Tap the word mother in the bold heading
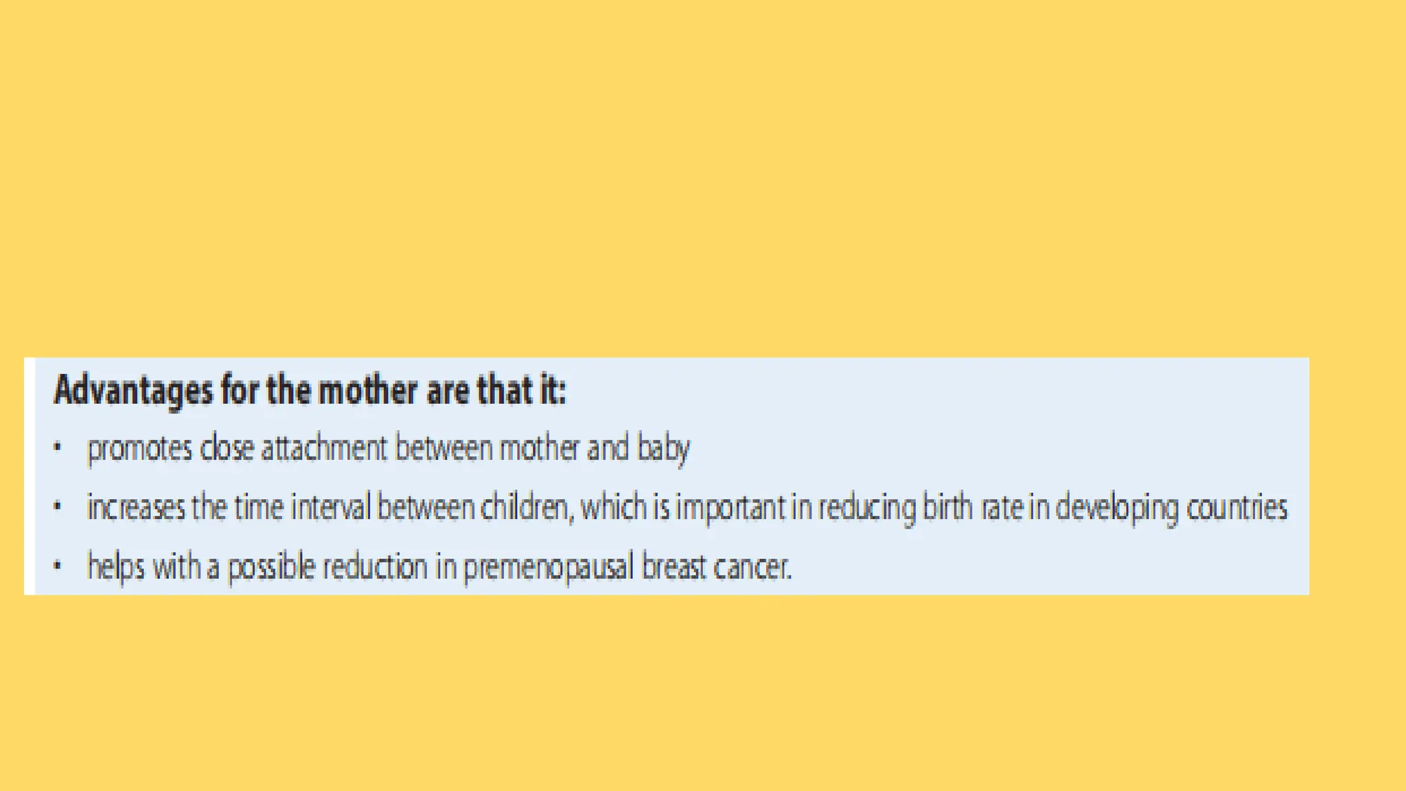(x=367, y=390)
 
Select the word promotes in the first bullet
(x=139, y=449)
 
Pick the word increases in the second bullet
(x=136, y=508)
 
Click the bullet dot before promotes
(x=58, y=448)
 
